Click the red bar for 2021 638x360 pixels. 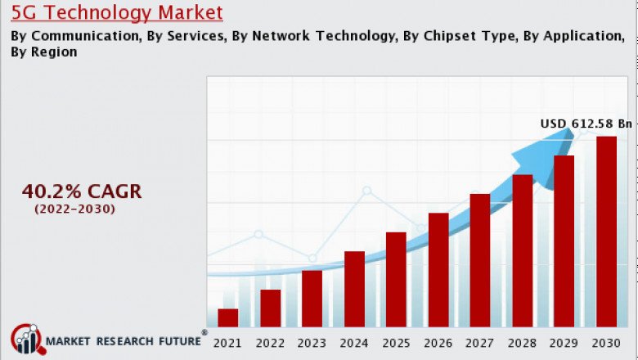228,318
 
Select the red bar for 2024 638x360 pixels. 354,289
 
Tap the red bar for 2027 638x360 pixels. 480,260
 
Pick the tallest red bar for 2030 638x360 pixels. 606,232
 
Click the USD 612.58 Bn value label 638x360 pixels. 586,124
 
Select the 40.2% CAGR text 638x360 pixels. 82,191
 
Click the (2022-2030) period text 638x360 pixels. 74,209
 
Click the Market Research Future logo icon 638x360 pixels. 25,340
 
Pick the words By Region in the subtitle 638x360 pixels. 44,52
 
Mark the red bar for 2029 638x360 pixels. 564,241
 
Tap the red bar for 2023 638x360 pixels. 312,299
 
